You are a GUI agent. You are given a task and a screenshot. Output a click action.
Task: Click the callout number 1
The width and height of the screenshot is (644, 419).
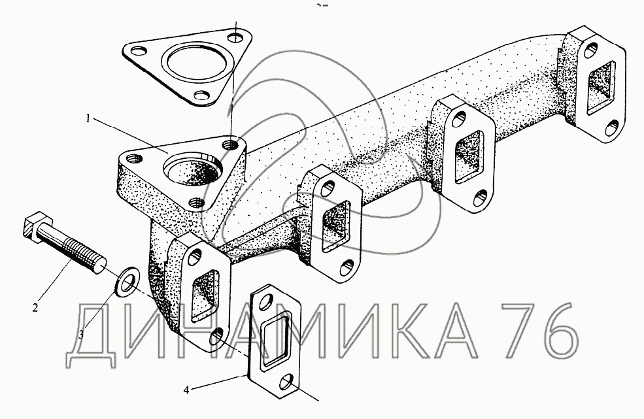point(88,119)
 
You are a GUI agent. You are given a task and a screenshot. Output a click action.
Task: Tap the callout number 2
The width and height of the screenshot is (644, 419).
point(35,307)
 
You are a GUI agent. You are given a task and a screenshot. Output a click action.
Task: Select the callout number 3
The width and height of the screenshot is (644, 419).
point(81,335)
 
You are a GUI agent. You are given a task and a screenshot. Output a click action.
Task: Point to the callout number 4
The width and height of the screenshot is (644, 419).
point(186,390)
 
